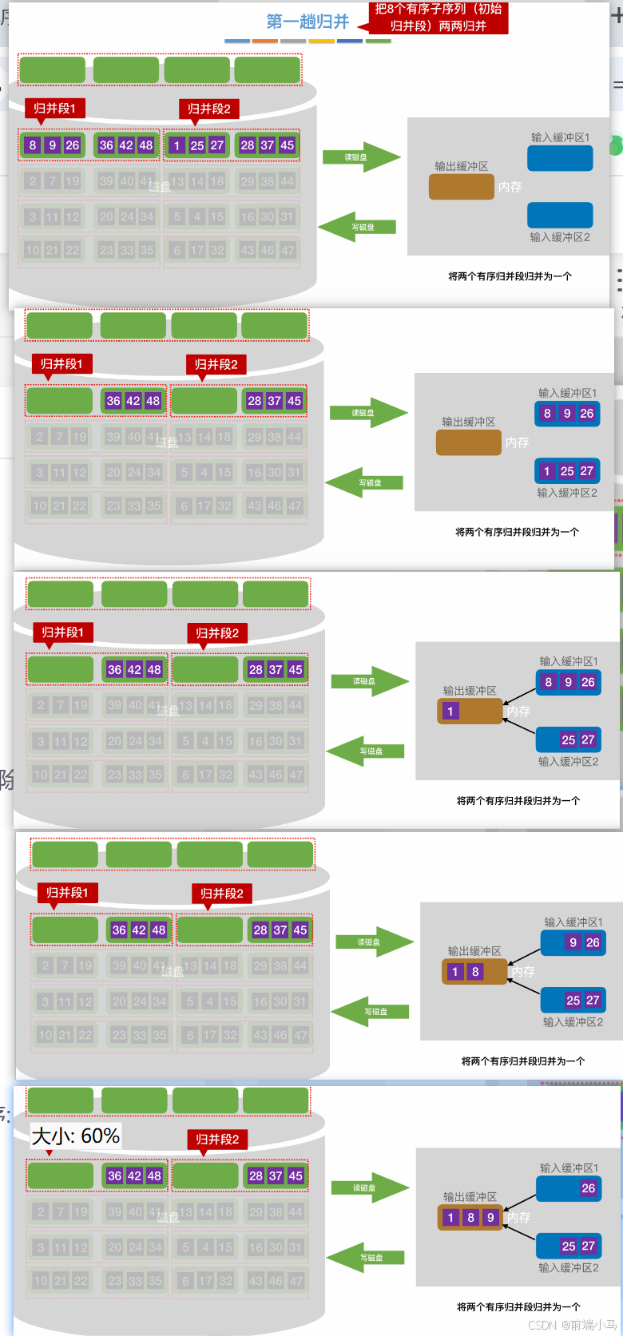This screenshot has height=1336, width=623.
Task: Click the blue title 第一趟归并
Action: [x=308, y=22]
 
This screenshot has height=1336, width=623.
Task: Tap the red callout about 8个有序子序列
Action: [x=438, y=18]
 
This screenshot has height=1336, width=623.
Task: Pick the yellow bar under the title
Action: [x=321, y=41]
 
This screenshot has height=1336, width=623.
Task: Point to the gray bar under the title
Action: [x=294, y=41]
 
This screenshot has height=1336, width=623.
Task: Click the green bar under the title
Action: [x=378, y=41]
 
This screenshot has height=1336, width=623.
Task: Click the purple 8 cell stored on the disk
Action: [x=33, y=145]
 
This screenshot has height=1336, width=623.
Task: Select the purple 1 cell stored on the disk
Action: [x=177, y=145]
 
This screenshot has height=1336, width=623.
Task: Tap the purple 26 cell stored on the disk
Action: [x=73, y=145]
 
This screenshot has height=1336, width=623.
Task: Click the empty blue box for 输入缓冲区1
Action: [x=560, y=158]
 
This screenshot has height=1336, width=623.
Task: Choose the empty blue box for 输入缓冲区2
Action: [x=560, y=215]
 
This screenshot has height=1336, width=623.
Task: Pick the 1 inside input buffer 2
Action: [x=547, y=471]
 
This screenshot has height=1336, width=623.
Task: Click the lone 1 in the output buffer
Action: [x=450, y=711]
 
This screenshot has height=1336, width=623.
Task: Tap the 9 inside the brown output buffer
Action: [x=490, y=1218]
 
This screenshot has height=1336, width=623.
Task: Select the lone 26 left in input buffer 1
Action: [x=589, y=1188]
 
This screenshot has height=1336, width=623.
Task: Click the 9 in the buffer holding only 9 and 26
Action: [x=573, y=942]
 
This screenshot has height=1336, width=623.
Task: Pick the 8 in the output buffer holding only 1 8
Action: [x=475, y=972]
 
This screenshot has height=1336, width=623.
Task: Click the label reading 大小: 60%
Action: [x=76, y=1136]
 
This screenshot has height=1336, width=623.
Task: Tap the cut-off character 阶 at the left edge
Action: [x=6, y=780]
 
